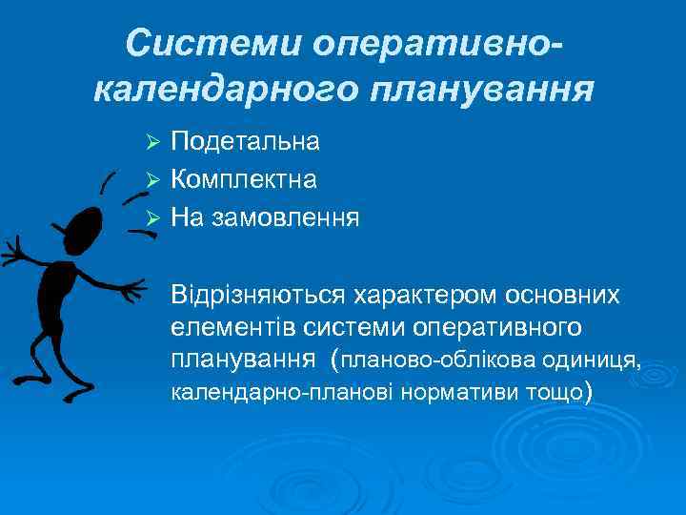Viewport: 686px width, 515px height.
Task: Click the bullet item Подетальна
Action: (245, 142)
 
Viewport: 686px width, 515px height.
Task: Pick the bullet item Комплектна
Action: (244, 179)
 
